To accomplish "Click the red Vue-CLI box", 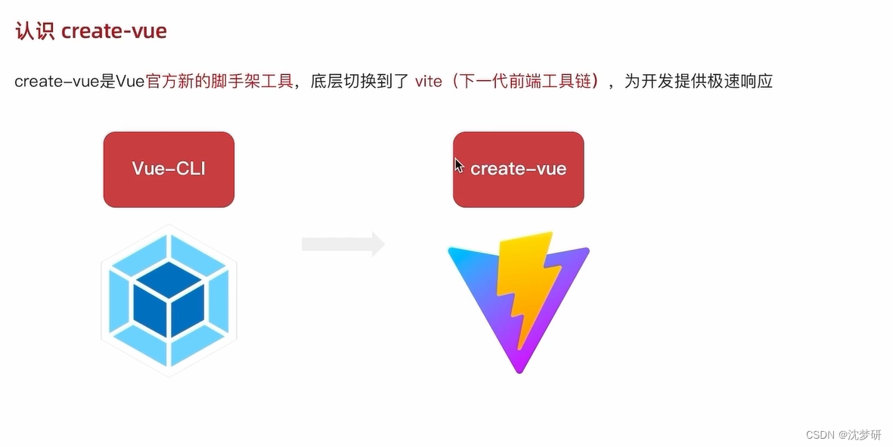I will pyautogui.click(x=169, y=169).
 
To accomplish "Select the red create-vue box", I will pyautogui.click(x=518, y=169).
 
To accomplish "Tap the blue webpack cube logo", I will pyautogui.click(x=169, y=300).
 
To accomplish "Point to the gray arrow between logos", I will pyautogui.click(x=343, y=244).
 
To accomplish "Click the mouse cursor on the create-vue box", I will pyautogui.click(x=459, y=166).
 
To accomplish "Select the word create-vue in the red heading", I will pyautogui.click(x=113, y=31).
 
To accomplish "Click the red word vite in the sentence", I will pyautogui.click(x=428, y=81).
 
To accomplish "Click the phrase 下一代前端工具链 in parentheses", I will pyautogui.click(x=530, y=81).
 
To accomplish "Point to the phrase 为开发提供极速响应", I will pyautogui.click(x=698, y=81).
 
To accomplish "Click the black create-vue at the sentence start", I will pyautogui.click(x=57, y=81).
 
